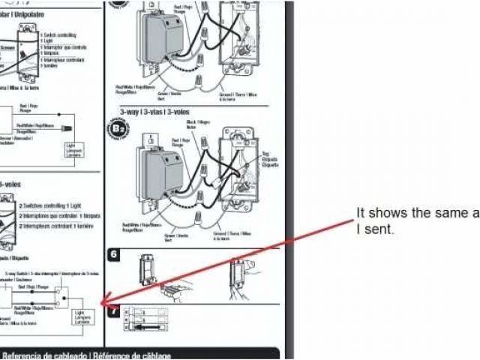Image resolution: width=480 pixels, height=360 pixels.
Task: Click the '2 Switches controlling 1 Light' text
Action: pos(52,204)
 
